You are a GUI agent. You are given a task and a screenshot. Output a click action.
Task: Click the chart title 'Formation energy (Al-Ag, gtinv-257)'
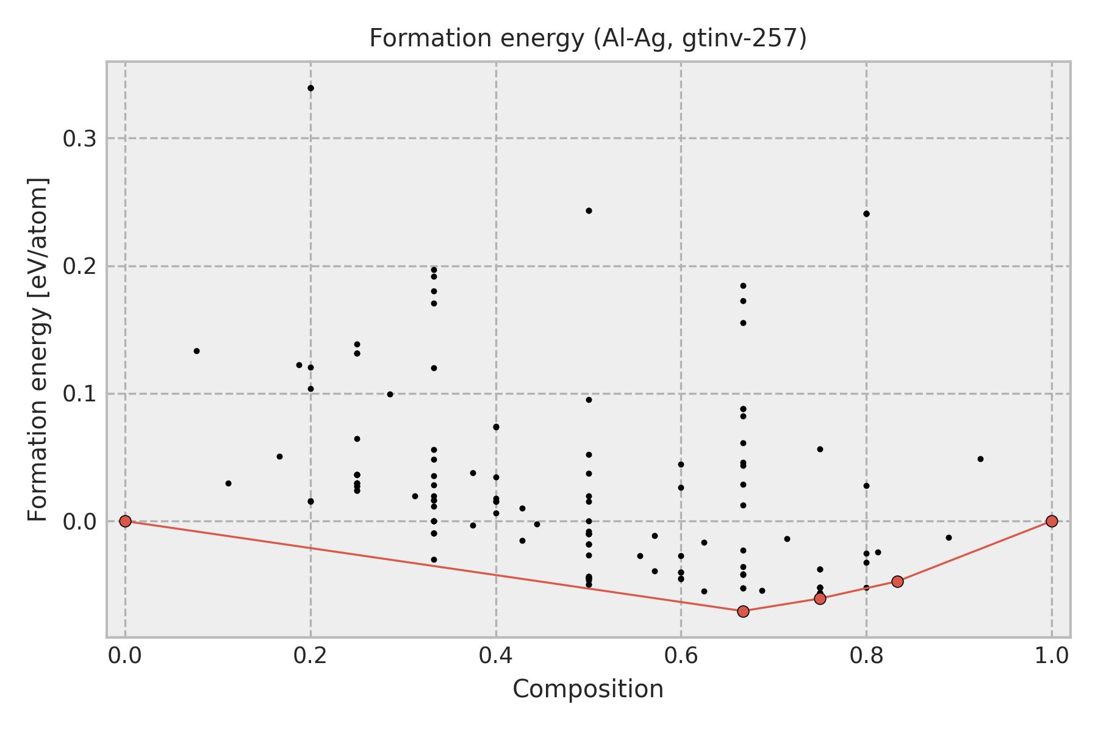[588, 39]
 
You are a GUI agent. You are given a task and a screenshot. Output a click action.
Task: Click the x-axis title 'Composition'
[588, 689]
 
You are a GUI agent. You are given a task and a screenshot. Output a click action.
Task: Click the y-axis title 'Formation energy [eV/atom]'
[38, 350]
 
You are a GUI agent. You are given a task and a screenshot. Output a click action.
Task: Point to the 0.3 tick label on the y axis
[81, 139]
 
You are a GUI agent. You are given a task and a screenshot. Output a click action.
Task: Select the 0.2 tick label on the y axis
[81, 267]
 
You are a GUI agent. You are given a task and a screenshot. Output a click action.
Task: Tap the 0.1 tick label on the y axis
[81, 394]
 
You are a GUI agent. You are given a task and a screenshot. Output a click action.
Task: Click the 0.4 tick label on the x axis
[496, 656]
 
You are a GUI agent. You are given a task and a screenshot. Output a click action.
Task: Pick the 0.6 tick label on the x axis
[681, 656]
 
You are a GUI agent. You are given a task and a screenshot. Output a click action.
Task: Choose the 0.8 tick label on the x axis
[866, 656]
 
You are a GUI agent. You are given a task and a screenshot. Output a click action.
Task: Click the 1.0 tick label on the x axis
[1052, 656]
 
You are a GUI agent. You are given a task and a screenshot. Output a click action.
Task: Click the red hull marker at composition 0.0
[125, 521]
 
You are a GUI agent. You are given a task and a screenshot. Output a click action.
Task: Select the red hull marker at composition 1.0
[1052, 521]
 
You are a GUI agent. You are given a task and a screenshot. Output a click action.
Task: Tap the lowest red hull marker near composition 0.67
[743, 611]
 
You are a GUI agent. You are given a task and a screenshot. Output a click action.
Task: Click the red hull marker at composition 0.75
[820, 598]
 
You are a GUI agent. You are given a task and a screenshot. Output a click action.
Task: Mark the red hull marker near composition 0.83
[897, 581]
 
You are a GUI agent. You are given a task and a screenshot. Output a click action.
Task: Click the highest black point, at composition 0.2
[310, 88]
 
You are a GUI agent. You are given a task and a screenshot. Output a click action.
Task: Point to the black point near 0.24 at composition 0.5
[589, 210]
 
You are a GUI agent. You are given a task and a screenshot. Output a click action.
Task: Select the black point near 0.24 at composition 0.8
[866, 213]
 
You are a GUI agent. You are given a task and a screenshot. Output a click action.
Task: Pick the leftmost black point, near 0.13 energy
[196, 351]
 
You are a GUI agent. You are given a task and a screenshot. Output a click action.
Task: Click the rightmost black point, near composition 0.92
[980, 459]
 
